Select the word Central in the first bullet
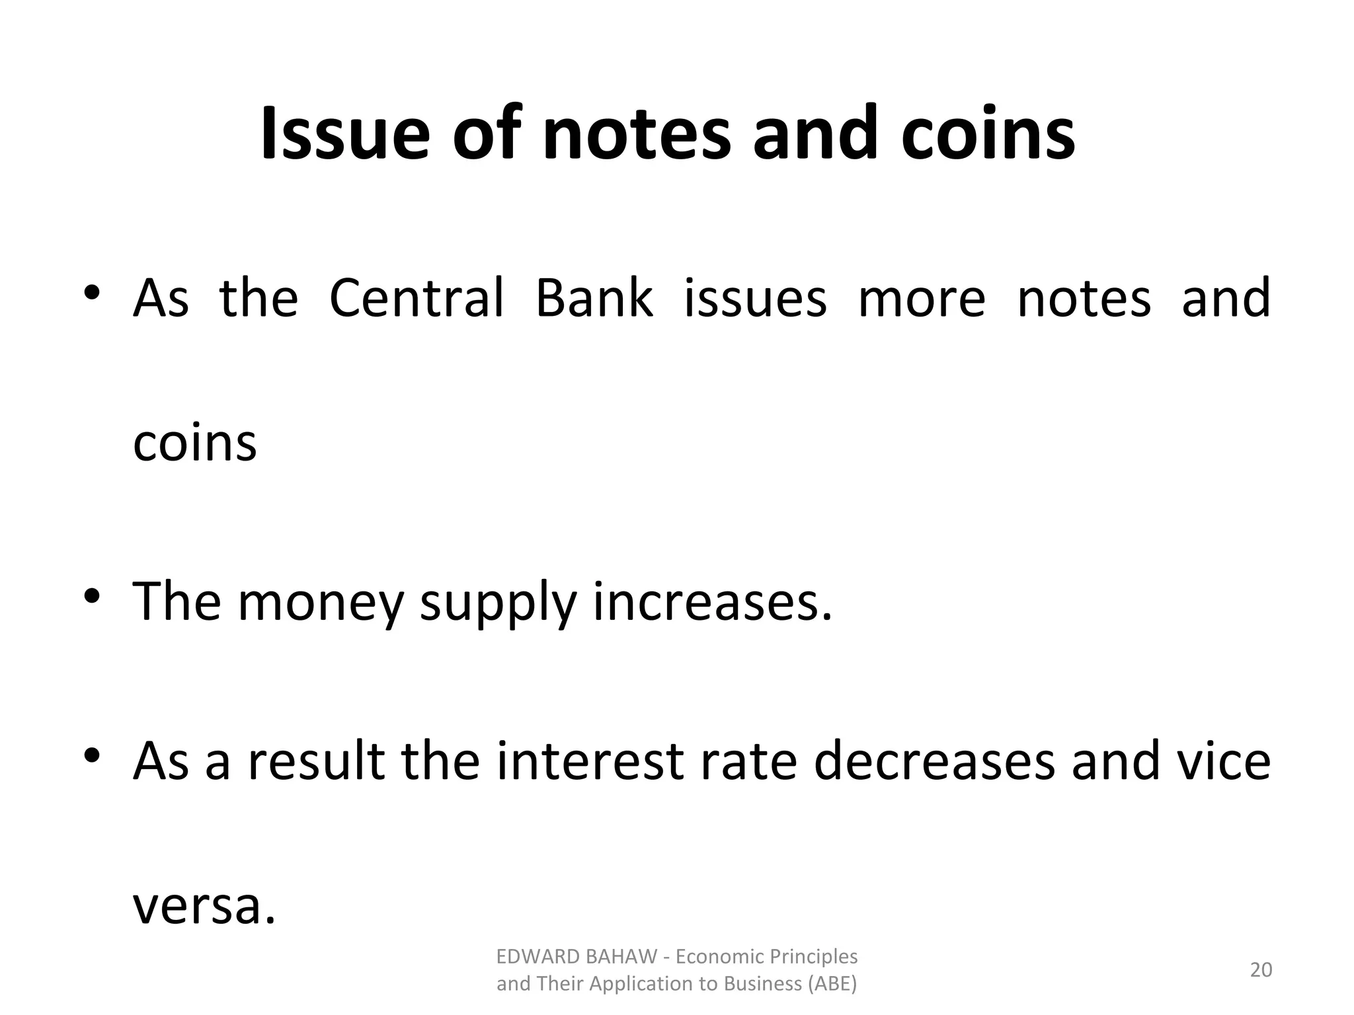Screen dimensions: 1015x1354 coord(416,298)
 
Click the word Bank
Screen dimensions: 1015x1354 coord(594,298)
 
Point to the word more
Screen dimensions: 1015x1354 coord(921,298)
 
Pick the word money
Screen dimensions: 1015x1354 coord(320,603)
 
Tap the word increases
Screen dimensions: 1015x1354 coord(712,601)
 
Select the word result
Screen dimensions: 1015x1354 coord(316,761)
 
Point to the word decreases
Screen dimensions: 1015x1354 coord(934,761)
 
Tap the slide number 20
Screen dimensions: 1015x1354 coord(1261,969)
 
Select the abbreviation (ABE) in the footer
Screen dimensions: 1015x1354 coord(832,984)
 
